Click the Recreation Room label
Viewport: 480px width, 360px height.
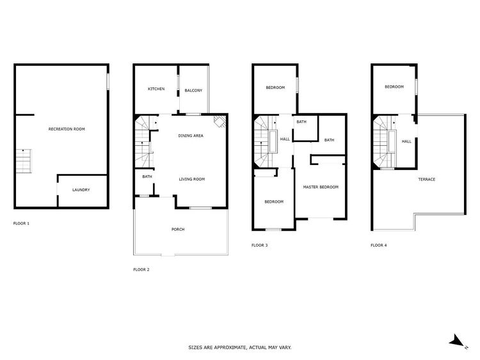[x=67, y=129]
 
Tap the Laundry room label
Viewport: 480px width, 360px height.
[x=81, y=190]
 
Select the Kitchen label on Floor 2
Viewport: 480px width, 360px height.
[x=156, y=89]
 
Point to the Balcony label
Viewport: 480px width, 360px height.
[x=193, y=90]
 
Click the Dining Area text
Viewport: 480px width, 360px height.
[x=191, y=136]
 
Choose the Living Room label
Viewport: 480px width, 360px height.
[x=192, y=179]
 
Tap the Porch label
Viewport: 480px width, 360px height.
[x=178, y=229]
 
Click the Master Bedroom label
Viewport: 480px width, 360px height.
[x=321, y=187]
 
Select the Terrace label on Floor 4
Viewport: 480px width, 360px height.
[x=427, y=179]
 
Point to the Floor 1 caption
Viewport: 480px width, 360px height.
[x=21, y=223]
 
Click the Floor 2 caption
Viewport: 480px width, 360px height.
[x=141, y=269]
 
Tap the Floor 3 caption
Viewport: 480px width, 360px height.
[x=260, y=245]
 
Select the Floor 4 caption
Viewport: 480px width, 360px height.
[x=379, y=245]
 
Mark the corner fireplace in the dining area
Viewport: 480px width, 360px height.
[x=220, y=121]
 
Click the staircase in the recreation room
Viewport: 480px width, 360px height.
[x=24, y=161]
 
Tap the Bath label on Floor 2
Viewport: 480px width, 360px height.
[x=147, y=176]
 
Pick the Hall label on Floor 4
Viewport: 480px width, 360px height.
[x=406, y=141]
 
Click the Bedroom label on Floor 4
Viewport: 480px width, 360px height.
[x=394, y=86]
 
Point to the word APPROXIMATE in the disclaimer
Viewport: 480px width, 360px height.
[x=230, y=347]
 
